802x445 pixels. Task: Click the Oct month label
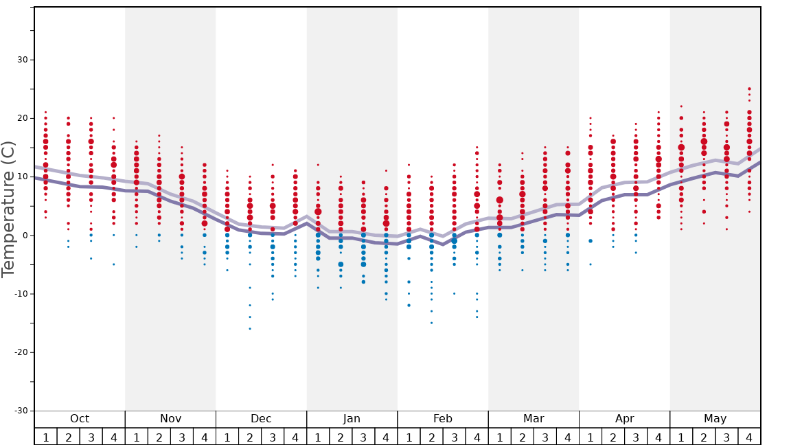click(x=80, y=419)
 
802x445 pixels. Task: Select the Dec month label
click(x=261, y=419)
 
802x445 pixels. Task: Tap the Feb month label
click(x=443, y=419)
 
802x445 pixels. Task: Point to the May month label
click(x=715, y=419)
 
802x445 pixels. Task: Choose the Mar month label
click(x=534, y=419)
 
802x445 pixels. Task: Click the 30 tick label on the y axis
click(x=23, y=60)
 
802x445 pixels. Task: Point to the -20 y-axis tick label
click(x=20, y=352)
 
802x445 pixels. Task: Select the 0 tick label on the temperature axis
click(x=25, y=236)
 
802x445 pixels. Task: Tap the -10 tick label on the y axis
click(x=20, y=294)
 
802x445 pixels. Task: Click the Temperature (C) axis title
click(x=8, y=209)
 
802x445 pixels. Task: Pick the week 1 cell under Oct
click(x=46, y=437)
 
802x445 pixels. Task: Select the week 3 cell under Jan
click(x=363, y=437)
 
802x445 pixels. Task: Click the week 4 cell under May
click(x=749, y=437)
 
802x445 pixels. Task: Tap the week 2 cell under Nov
click(x=159, y=437)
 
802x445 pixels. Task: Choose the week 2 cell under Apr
click(x=613, y=437)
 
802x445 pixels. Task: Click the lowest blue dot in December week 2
click(x=250, y=329)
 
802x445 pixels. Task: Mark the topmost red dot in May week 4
click(x=749, y=89)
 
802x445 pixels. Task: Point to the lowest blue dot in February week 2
click(x=431, y=323)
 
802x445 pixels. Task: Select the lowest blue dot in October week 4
click(x=114, y=264)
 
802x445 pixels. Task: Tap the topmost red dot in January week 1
click(x=318, y=165)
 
